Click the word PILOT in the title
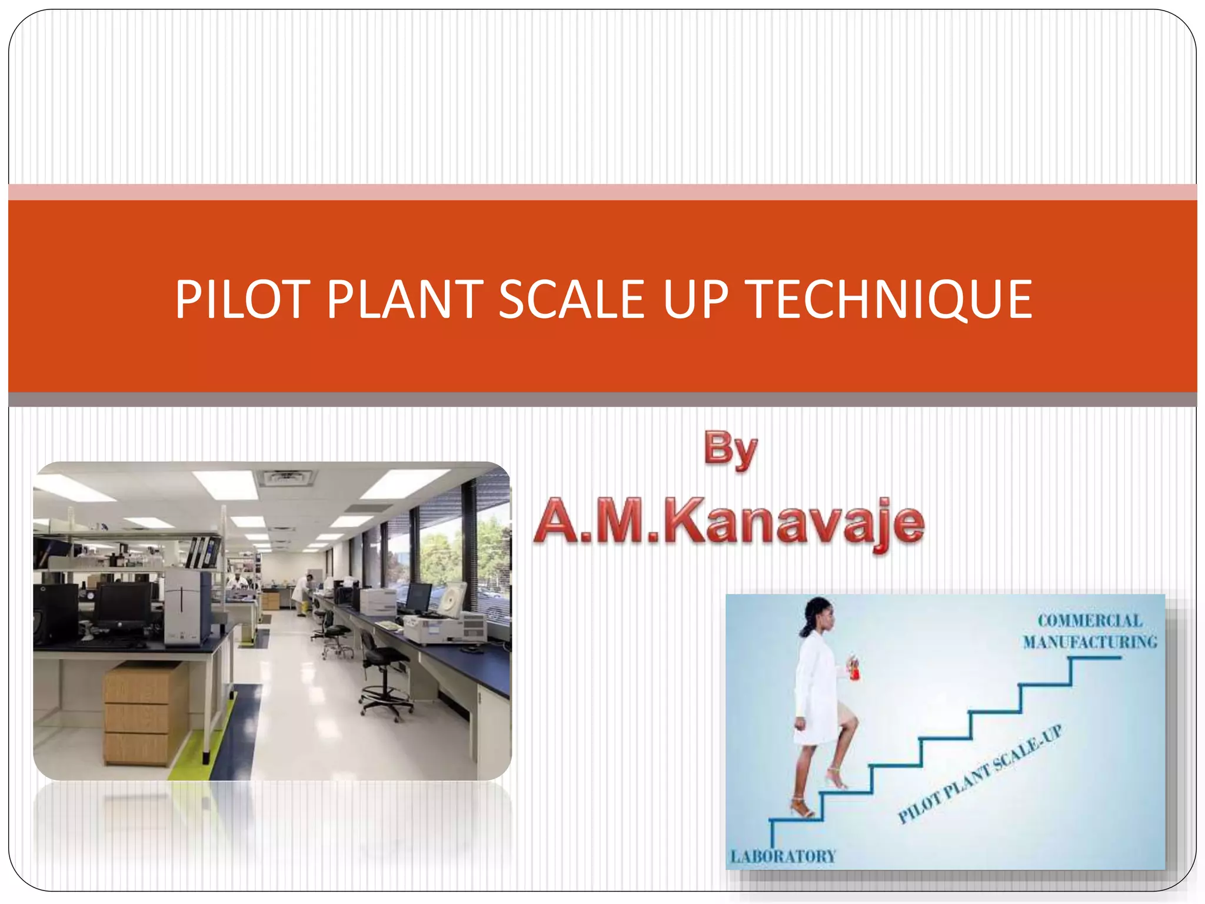click(x=242, y=300)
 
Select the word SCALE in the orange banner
click(x=572, y=300)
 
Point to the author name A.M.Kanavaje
click(x=729, y=523)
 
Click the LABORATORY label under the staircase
click(x=783, y=856)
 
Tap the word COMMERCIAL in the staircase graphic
click(x=1090, y=621)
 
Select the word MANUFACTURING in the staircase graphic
click(x=1090, y=642)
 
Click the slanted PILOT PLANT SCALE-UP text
click(x=980, y=774)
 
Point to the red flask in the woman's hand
click(x=854, y=669)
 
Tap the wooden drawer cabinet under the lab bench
click(x=145, y=713)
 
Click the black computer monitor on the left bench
click(x=122, y=606)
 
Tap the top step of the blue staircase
click(x=1096, y=658)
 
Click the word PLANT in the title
click(x=405, y=300)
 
